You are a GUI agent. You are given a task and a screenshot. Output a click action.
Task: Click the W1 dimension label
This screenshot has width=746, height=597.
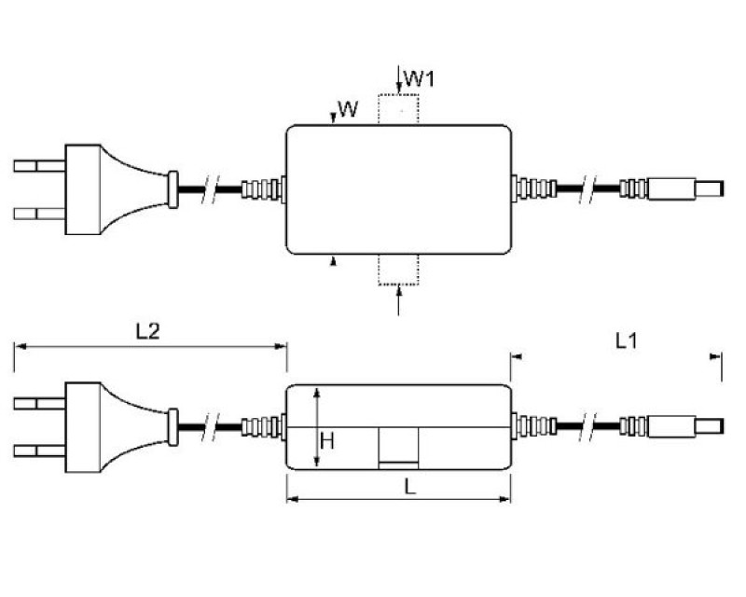click(422, 79)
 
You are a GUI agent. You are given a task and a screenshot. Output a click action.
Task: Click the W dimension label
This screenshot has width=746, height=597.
click(347, 110)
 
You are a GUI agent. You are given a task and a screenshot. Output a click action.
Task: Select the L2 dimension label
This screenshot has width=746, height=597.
click(147, 330)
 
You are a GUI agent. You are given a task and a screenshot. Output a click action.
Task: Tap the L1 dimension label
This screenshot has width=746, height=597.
click(626, 341)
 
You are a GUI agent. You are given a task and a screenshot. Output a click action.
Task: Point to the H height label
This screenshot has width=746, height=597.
click(327, 440)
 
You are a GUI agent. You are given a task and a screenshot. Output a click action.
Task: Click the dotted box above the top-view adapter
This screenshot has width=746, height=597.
click(399, 110)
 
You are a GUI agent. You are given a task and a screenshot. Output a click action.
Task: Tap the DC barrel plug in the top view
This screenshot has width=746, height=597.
click(688, 188)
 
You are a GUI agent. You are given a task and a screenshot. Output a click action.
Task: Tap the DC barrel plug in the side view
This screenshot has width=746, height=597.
click(688, 425)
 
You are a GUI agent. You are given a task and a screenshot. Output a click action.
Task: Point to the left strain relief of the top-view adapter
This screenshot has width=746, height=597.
click(262, 189)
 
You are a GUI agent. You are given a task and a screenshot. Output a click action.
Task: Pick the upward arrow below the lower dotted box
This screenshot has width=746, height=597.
click(399, 300)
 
